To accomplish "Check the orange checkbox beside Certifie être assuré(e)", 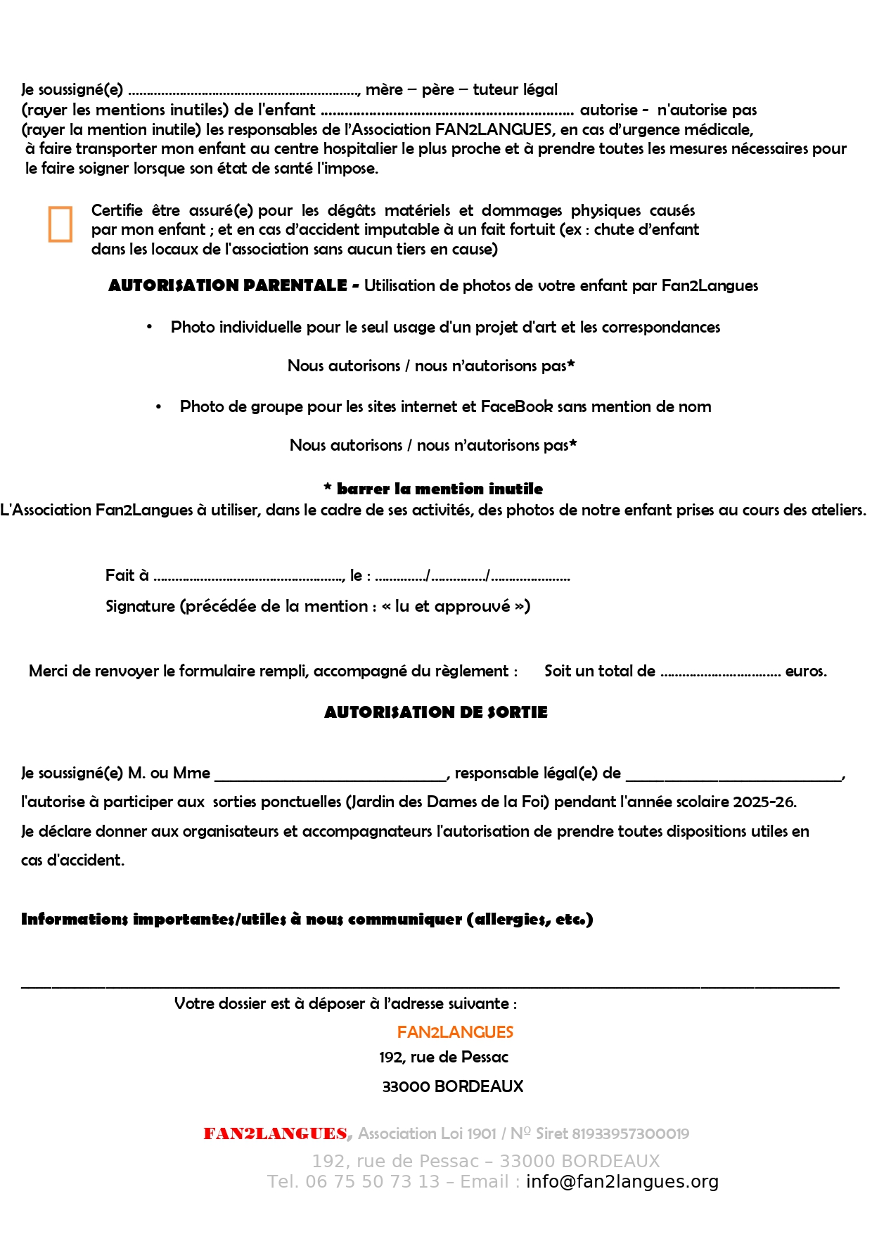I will pyautogui.click(x=60, y=224).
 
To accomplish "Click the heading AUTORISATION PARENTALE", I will pyautogui.click(x=228, y=285).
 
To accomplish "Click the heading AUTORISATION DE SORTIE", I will pyautogui.click(x=435, y=712).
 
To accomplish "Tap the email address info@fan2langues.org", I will pyautogui.click(x=622, y=1182).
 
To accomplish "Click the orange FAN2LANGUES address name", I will pyautogui.click(x=455, y=1032).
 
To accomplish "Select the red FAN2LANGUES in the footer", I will pyautogui.click(x=275, y=1133).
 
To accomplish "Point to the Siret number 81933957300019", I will pyautogui.click(x=630, y=1133).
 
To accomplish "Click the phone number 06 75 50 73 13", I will pyautogui.click(x=372, y=1182).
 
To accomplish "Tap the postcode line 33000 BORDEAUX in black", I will pyautogui.click(x=453, y=1086).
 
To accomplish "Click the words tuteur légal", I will pyautogui.click(x=515, y=90).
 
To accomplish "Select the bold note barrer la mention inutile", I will pyautogui.click(x=440, y=489).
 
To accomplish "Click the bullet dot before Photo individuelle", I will pyautogui.click(x=150, y=327).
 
